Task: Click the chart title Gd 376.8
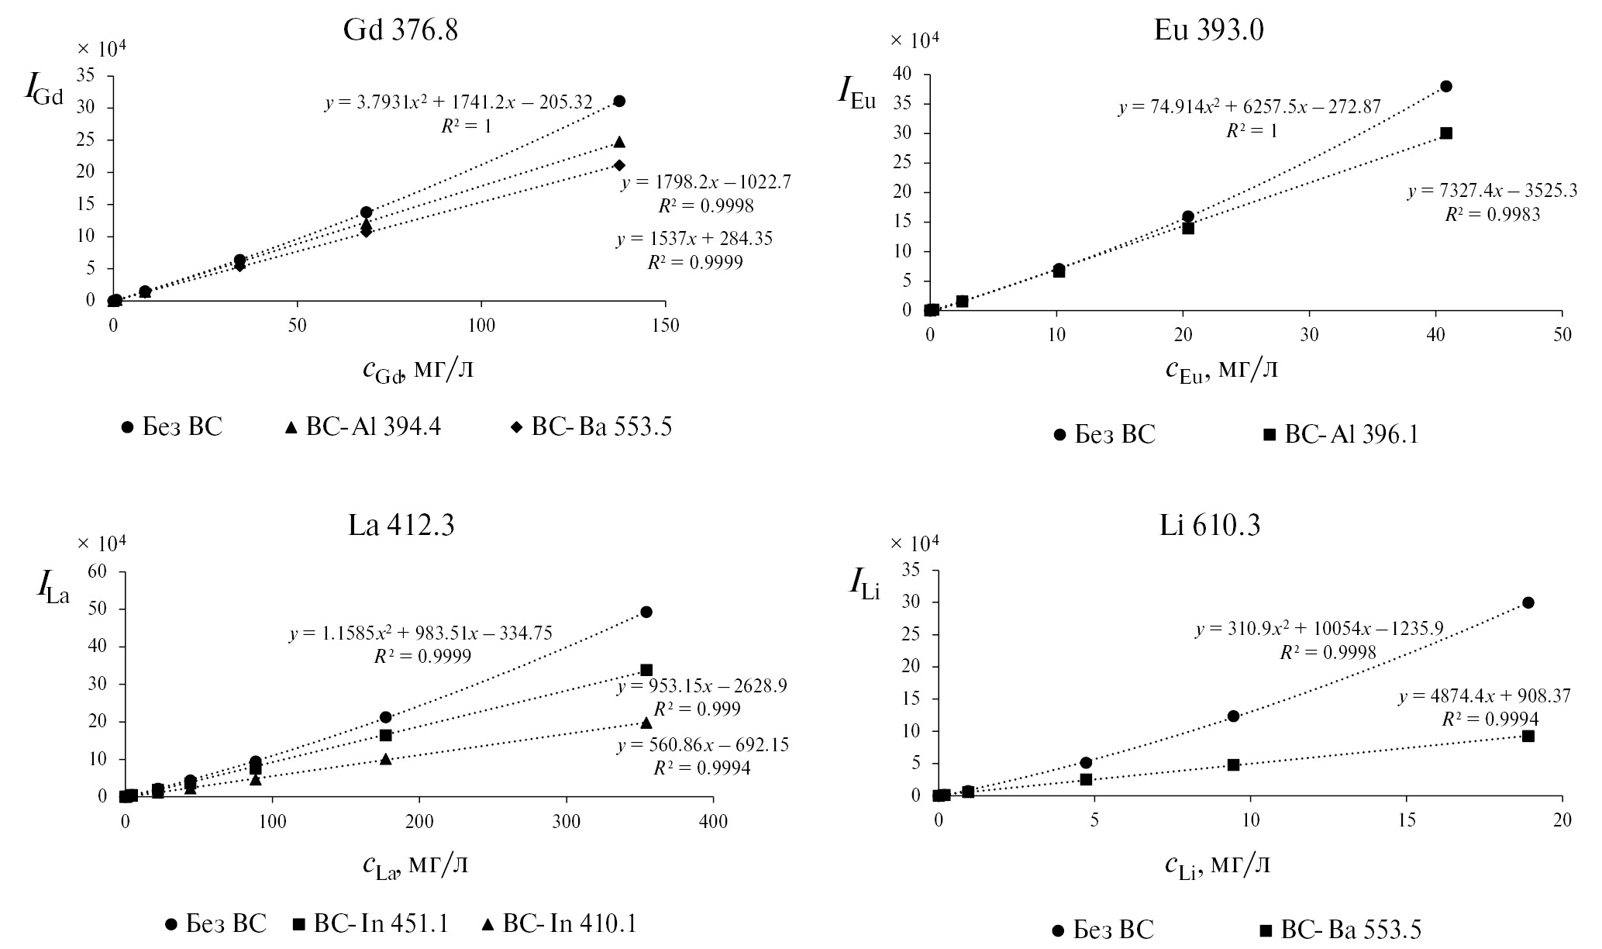(x=401, y=30)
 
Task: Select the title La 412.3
(x=401, y=526)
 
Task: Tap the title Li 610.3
(x=1209, y=526)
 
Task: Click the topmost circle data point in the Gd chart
(x=619, y=102)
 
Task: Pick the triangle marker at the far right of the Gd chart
(x=619, y=142)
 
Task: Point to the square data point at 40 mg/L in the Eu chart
(x=1446, y=133)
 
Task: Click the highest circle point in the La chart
(x=646, y=612)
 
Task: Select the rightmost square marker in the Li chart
(x=1528, y=736)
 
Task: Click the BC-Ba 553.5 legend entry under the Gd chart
(x=594, y=427)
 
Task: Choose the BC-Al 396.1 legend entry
(x=1341, y=435)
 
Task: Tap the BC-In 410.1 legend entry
(x=560, y=923)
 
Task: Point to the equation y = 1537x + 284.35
(x=694, y=239)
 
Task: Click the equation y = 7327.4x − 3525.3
(x=1492, y=192)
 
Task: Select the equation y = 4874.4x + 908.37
(x=1484, y=696)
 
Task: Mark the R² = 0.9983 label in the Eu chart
(x=1492, y=215)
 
